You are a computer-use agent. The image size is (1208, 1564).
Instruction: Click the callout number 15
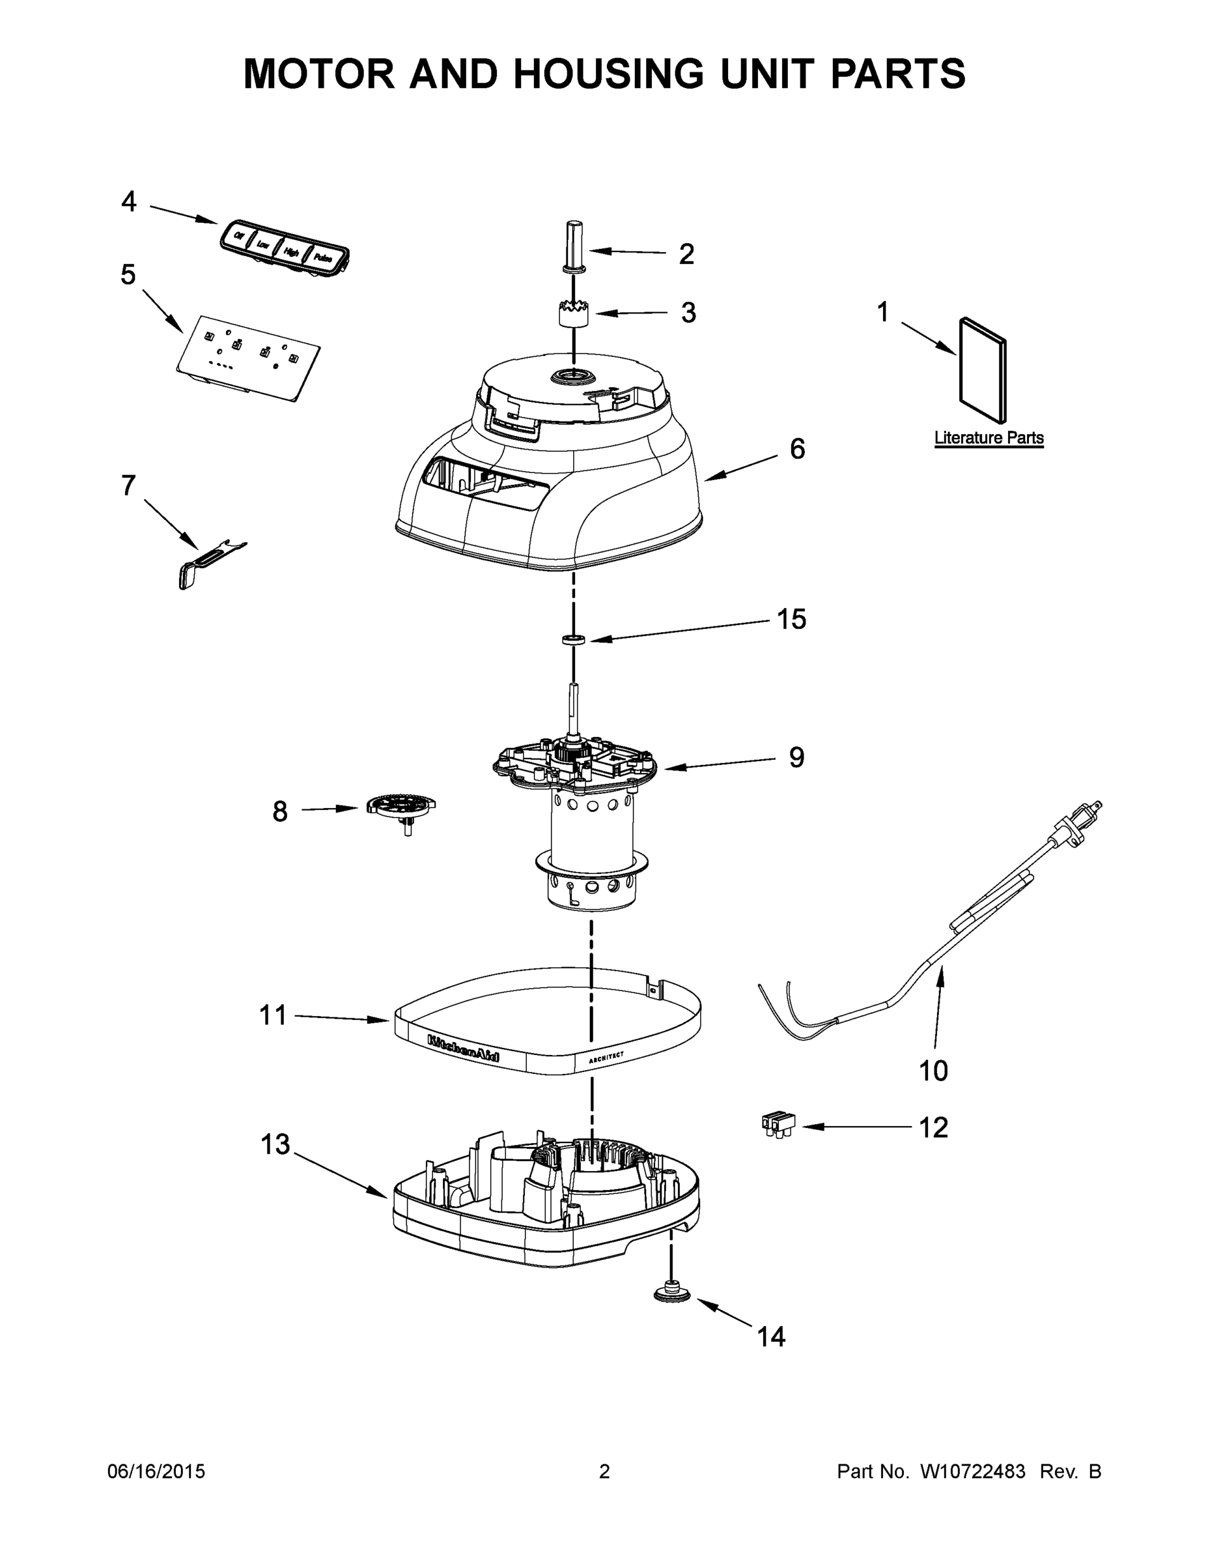click(x=791, y=620)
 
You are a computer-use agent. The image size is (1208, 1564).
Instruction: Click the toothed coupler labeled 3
click(x=574, y=313)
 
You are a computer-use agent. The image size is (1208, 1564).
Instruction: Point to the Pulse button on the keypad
click(x=323, y=259)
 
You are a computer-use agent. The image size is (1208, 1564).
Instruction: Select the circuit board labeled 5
click(x=247, y=358)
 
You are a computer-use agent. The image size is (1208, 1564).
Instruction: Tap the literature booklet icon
click(x=983, y=370)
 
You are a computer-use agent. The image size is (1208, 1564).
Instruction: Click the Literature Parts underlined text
click(x=989, y=437)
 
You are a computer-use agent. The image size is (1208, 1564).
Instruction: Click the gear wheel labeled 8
click(x=402, y=807)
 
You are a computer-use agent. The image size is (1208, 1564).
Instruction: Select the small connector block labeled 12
click(x=778, y=1125)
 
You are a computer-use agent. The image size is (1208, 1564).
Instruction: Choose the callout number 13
click(x=275, y=1144)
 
